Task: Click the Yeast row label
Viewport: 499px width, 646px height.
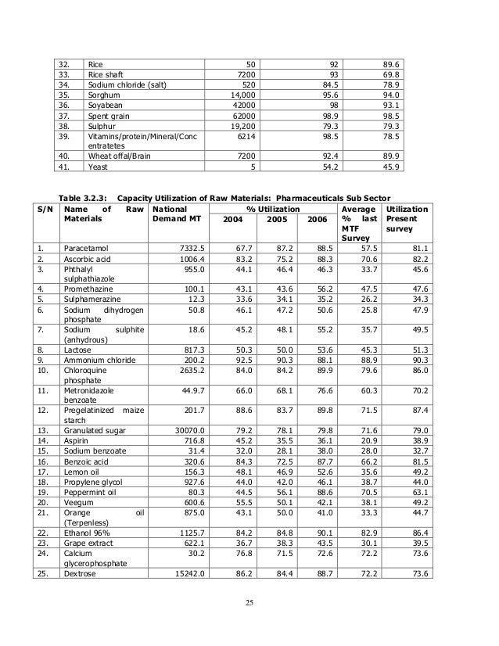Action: coord(98,188)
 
